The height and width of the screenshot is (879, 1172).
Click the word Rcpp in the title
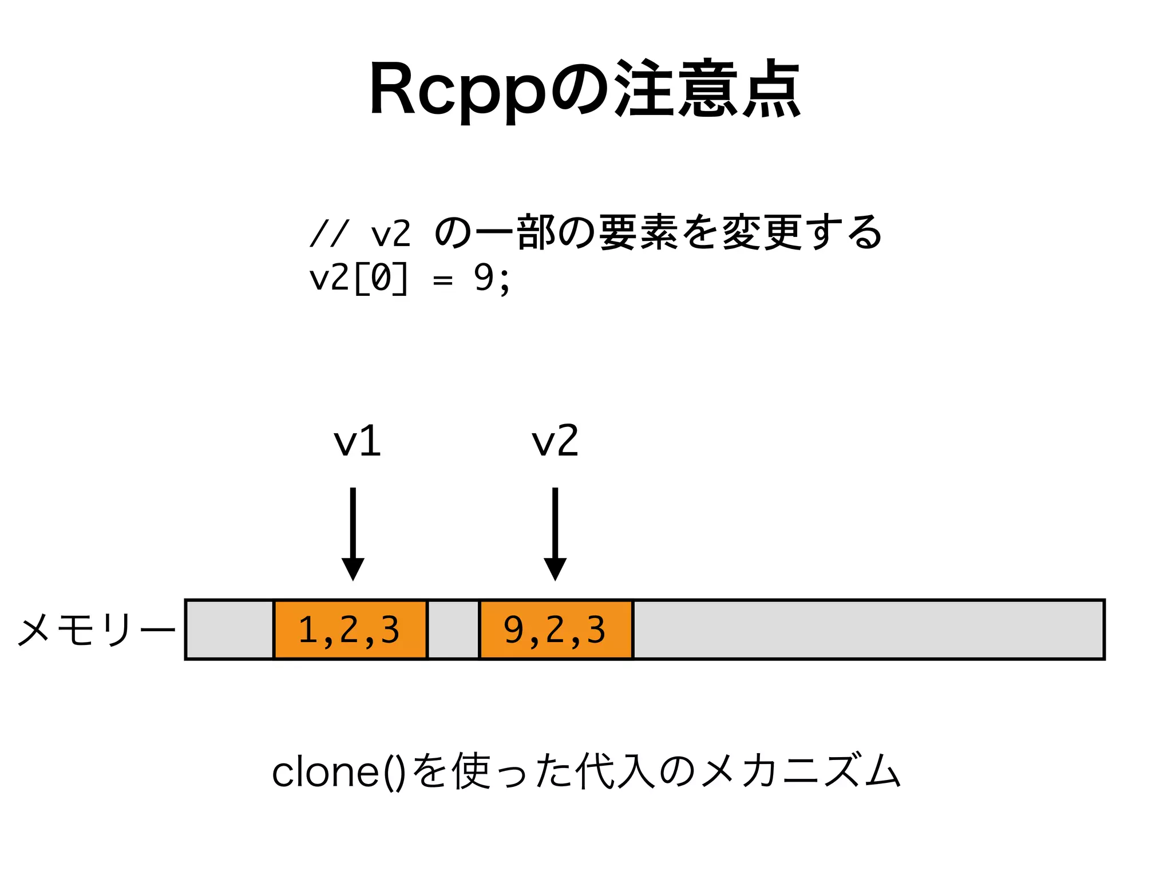pyautogui.click(x=458, y=92)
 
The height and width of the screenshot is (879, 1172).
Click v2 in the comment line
pyautogui.click(x=391, y=234)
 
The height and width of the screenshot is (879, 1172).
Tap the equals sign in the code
pyautogui.click(x=442, y=280)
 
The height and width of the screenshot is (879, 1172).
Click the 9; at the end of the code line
pyautogui.click(x=492, y=279)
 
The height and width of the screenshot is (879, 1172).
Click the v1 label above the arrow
pyautogui.click(x=357, y=442)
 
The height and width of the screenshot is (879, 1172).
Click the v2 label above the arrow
pyautogui.click(x=555, y=442)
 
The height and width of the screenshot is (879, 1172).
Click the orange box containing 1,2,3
pyautogui.click(x=350, y=629)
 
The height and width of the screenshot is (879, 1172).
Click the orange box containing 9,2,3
pyautogui.click(x=556, y=629)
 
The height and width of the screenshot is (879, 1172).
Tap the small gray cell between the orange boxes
pyautogui.click(x=453, y=629)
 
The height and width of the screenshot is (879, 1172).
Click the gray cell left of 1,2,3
pyautogui.click(x=230, y=629)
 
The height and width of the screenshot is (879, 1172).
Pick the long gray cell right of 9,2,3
pyautogui.click(x=868, y=629)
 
